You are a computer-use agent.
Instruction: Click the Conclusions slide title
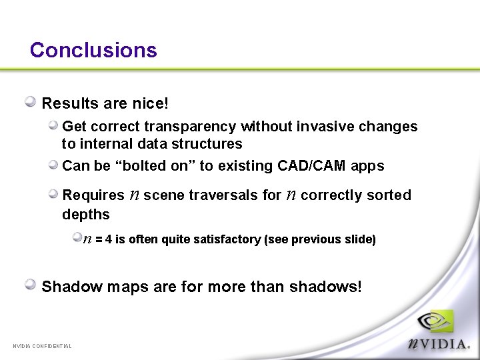pos(93,51)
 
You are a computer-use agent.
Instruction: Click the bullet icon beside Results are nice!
pos(31,102)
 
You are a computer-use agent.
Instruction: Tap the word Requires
pos(93,195)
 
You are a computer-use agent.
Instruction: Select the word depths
pos(85,214)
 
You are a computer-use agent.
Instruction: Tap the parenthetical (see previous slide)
pos(320,239)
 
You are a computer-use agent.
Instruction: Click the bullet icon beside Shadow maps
pos(31,285)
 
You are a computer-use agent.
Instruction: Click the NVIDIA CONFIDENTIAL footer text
pos(42,345)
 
